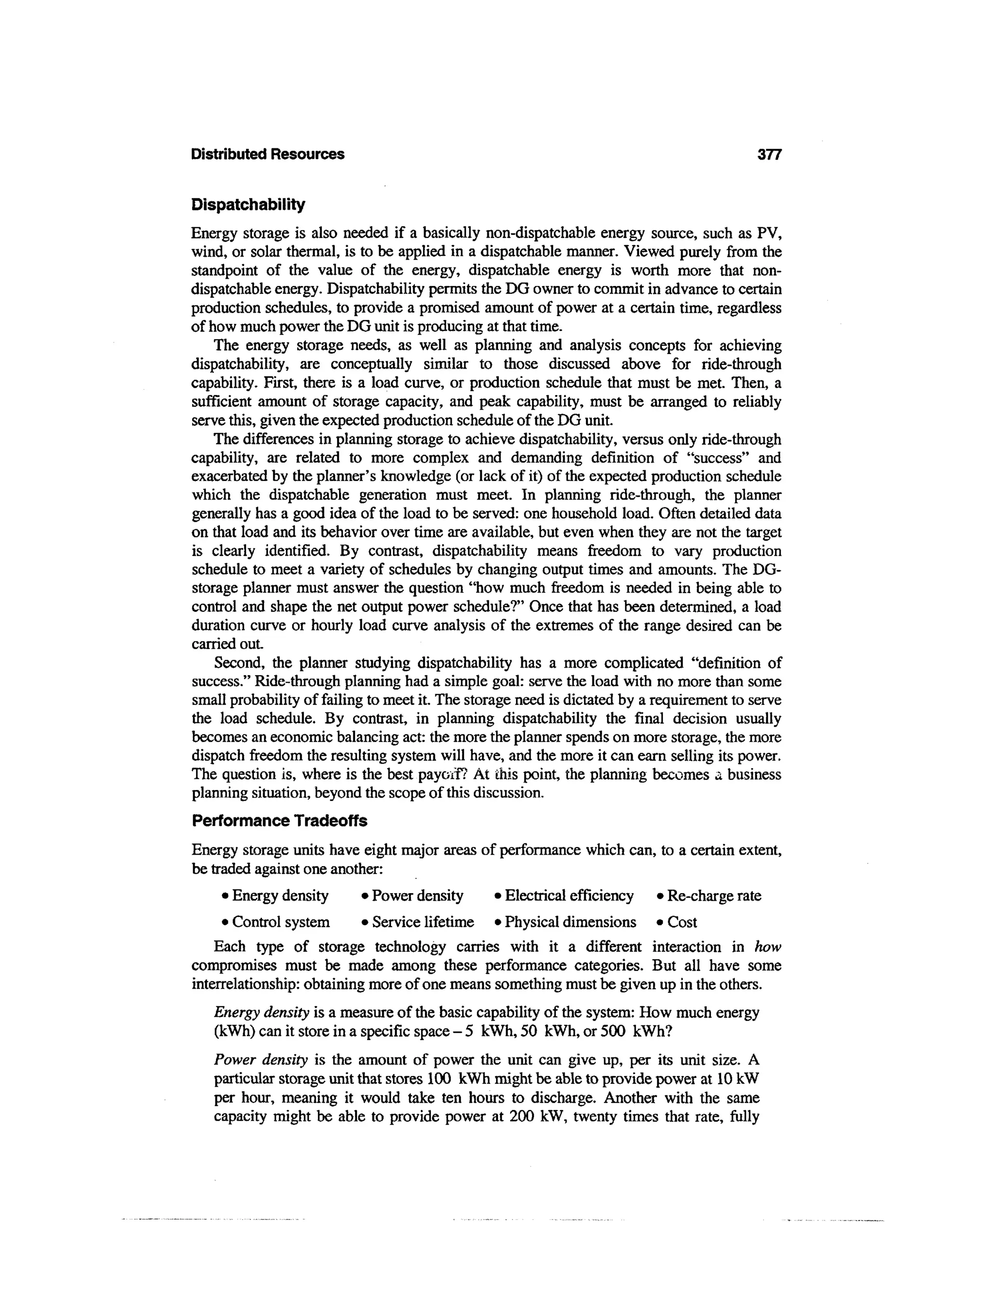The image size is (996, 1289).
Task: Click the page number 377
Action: (x=769, y=155)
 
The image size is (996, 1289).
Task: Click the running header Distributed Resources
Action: (x=267, y=155)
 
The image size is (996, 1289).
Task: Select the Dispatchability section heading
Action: (x=249, y=205)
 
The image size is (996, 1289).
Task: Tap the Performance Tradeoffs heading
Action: (x=279, y=821)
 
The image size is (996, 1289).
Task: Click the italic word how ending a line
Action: (x=768, y=947)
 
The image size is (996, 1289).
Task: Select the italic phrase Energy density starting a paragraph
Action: (x=261, y=1013)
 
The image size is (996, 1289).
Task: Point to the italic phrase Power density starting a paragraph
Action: (x=261, y=1060)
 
